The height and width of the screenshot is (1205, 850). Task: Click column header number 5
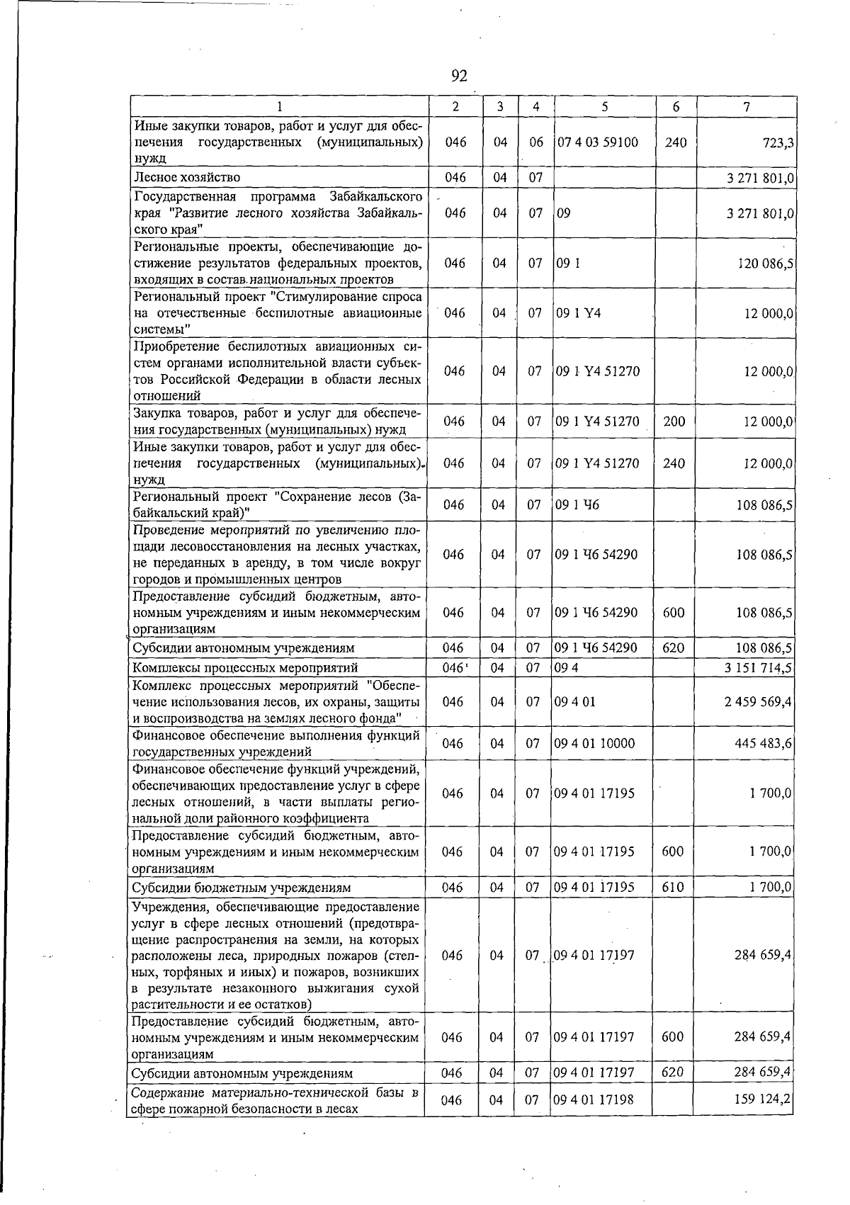pos(604,107)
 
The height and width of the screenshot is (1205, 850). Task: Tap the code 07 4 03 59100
pos(598,142)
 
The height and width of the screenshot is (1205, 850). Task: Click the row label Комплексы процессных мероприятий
pos(245,668)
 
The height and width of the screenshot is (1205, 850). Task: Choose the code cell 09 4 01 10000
pos(595,743)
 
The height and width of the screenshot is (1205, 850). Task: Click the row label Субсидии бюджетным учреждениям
pos(242,888)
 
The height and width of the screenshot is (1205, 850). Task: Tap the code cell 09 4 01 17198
pos(594,1119)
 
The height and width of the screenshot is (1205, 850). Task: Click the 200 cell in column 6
pos(674,422)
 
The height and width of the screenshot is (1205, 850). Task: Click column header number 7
pos(747,107)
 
